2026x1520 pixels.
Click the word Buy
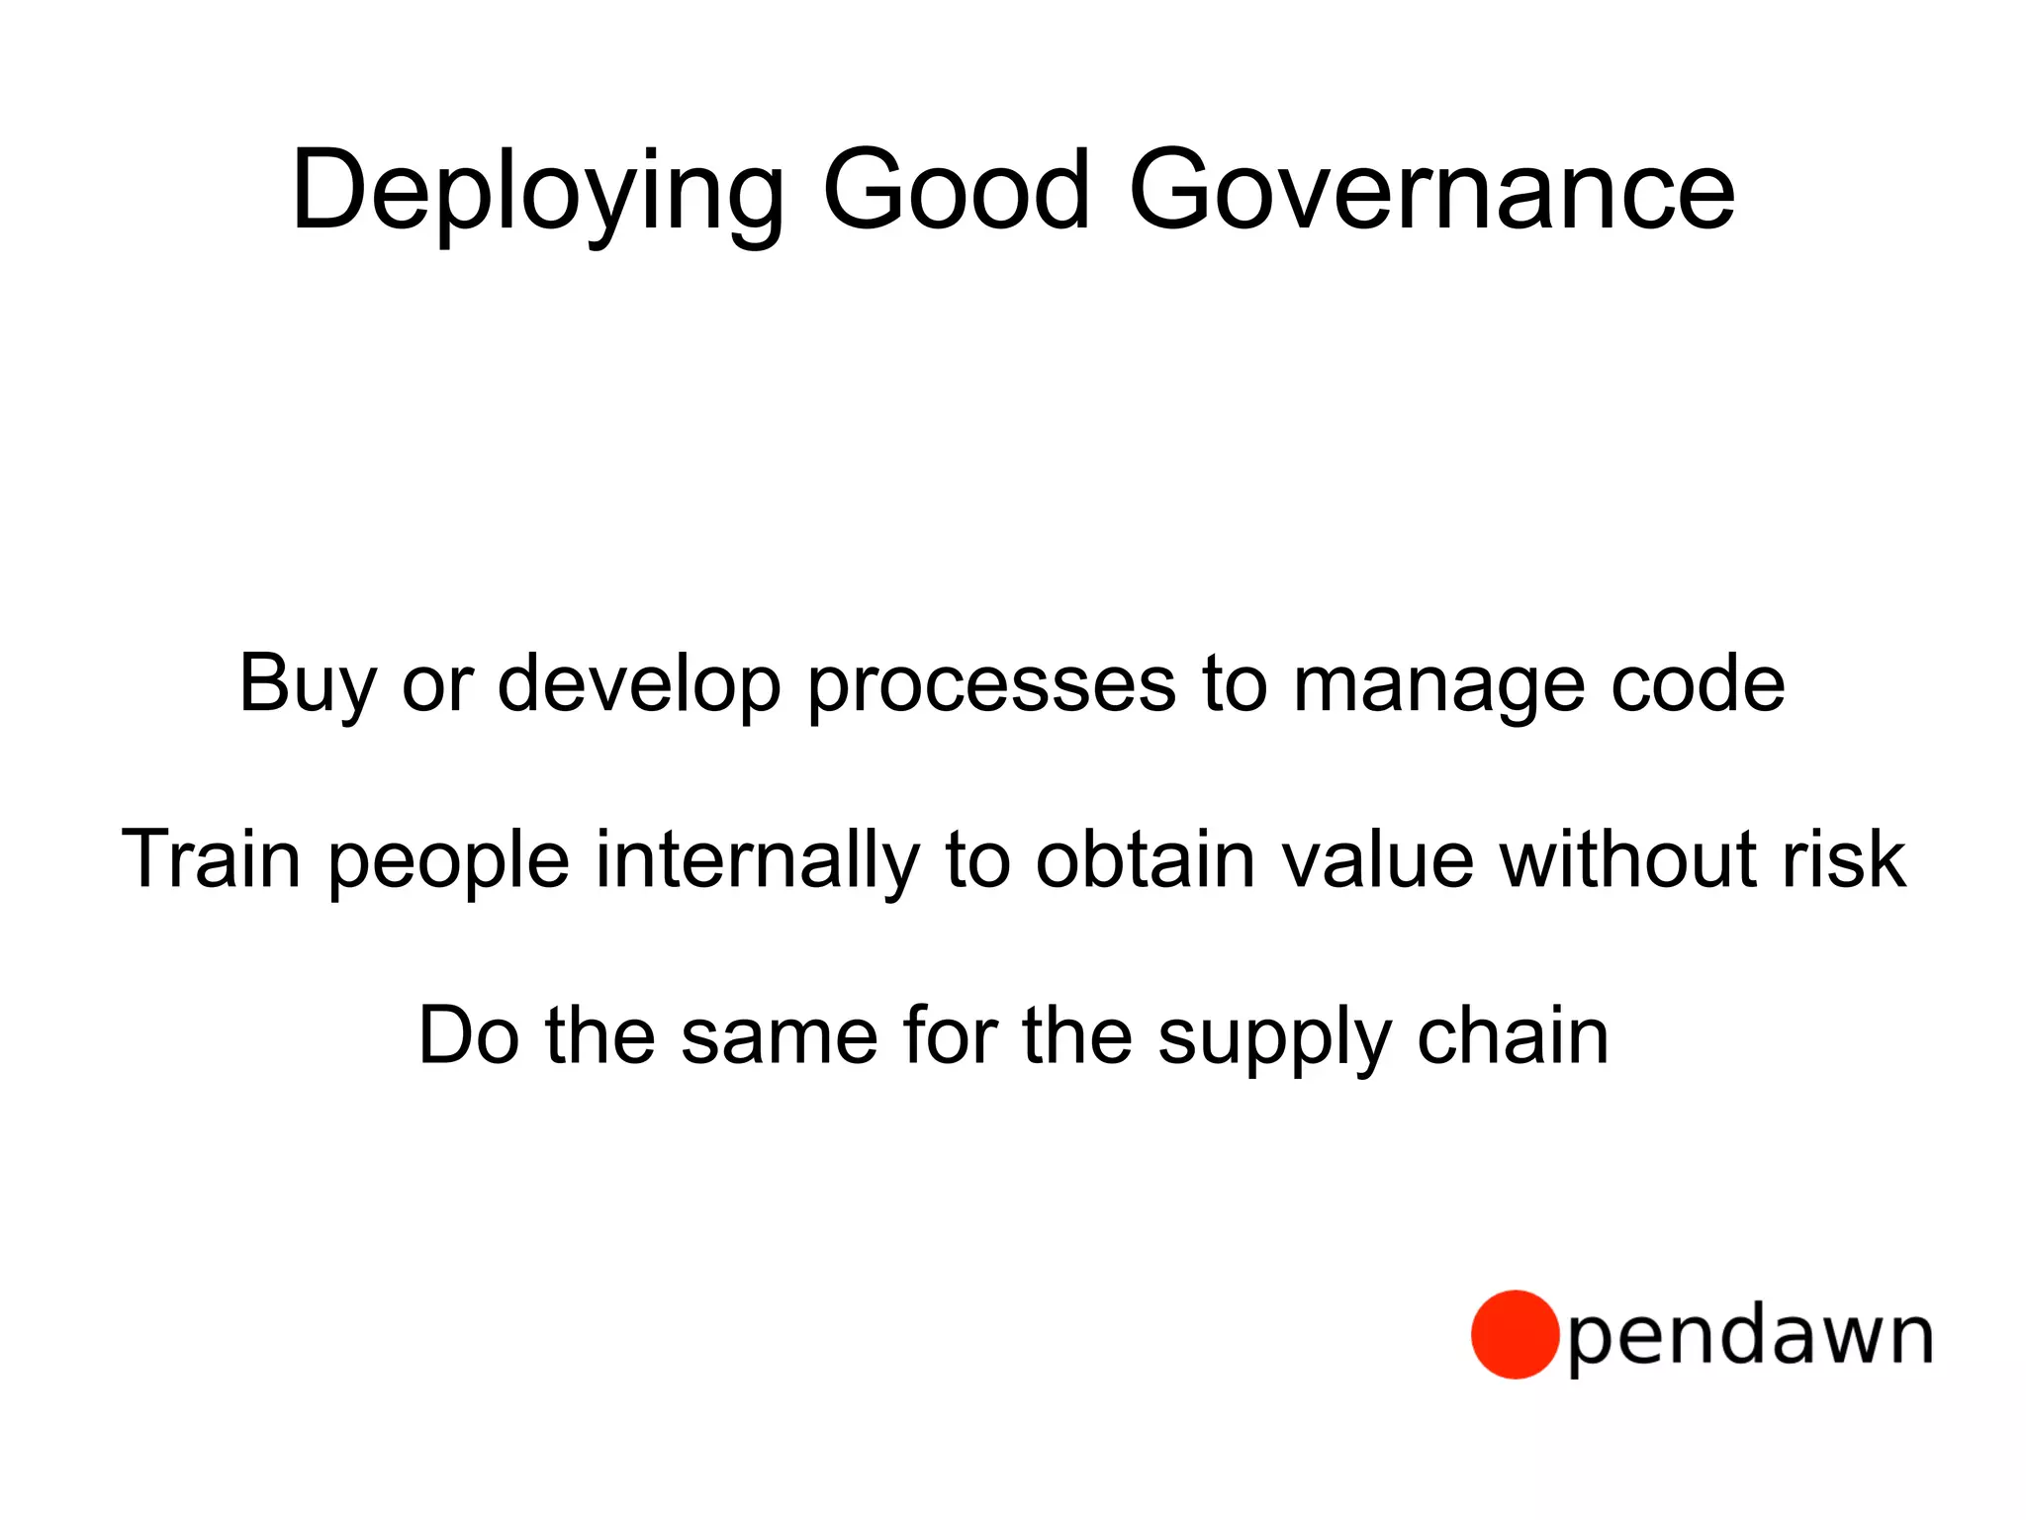(x=307, y=683)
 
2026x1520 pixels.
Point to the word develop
(x=639, y=683)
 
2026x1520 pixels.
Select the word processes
(x=992, y=685)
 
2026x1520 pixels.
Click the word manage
(x=1438, y=685)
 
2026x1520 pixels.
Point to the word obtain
(x=1146, y=858)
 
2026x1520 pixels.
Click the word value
(x=1378, y=858)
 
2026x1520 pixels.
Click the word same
(x=779, y=1035)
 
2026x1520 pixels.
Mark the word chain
(x=1513, y=1034)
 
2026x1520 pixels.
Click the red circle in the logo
(x=1515, y=1334)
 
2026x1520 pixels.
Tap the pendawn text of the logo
(x=1750, y=1338)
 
